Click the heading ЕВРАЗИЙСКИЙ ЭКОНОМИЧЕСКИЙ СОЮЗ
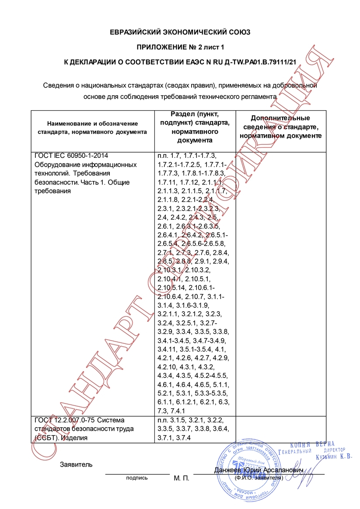[180, 32]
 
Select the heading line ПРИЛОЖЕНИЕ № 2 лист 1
[180, 47]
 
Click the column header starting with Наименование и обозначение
[92, 127]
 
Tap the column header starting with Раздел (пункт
[195, 127]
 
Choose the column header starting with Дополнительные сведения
[280, 127]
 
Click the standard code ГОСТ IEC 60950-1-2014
[70, 156]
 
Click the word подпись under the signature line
[137, 478]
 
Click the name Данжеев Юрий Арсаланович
[259, 470]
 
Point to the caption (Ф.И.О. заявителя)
[259, 478]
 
